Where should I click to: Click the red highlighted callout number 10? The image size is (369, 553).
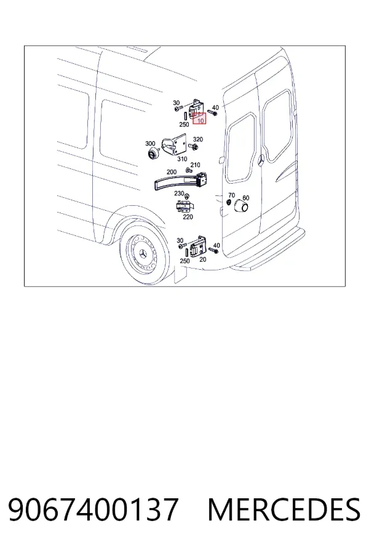[200, 121]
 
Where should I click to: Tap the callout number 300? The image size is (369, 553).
[150, 144]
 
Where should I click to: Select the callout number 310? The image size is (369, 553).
[182, 159]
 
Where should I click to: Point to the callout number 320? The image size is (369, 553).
[198, 139]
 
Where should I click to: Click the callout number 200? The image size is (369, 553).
[171, 172]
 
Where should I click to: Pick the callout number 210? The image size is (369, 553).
[195, 165]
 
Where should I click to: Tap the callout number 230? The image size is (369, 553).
[179, 194]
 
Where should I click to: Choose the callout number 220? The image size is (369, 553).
[188, 217]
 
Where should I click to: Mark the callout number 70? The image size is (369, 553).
[231, 195]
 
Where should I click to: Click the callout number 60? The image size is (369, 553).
[246, 198]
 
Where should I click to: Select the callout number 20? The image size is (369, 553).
[203, 259]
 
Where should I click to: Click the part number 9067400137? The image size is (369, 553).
[93, 509]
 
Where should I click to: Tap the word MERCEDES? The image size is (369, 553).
[284, 509]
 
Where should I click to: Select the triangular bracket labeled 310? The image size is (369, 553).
[173, 144]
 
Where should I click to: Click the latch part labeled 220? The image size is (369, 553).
[184, 206]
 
